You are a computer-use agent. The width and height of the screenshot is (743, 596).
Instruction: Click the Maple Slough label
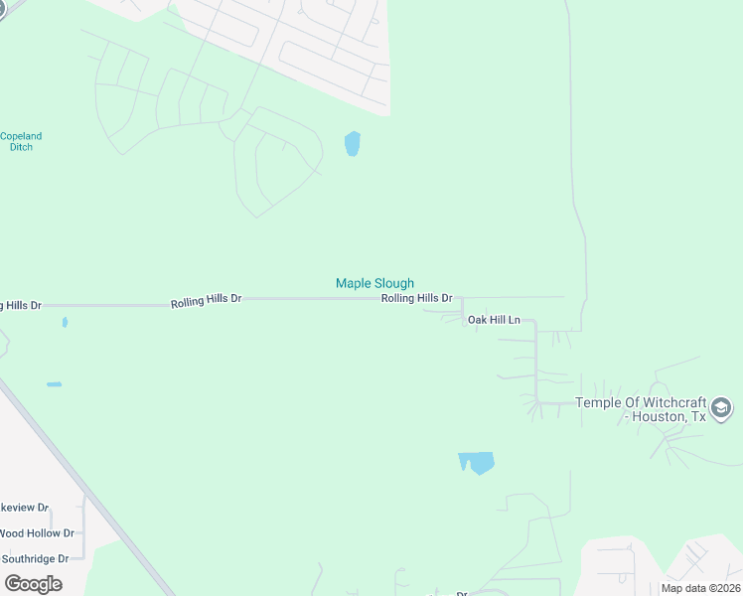(374, 283)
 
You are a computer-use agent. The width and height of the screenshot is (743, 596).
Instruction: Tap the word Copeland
(21, 136)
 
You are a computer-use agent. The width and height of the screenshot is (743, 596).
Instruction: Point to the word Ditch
(21, 147)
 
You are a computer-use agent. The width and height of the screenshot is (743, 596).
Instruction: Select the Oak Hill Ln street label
(494, 320)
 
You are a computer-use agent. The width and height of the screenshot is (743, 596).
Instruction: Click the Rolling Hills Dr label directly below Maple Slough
(417, 298)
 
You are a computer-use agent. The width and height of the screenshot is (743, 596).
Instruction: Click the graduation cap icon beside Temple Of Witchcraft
(722, 408)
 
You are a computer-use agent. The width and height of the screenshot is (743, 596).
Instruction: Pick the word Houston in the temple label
(658, 416)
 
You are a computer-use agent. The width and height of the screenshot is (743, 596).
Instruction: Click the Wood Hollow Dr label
(37, 533)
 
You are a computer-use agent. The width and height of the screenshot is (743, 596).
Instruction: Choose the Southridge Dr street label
(35, 558)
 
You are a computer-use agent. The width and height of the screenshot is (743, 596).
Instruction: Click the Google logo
(33, 584)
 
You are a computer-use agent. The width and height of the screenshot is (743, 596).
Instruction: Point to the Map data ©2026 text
(699, 588)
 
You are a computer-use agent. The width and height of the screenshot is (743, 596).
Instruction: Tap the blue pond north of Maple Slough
(352, 144)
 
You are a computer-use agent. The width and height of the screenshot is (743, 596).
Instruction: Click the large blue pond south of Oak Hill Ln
(477, 462)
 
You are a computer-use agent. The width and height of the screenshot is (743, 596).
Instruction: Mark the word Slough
(394, 283)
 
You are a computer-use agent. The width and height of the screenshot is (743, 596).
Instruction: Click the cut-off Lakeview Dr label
(24, 508)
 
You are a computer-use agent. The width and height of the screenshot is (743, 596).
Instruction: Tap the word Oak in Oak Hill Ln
(477, 320)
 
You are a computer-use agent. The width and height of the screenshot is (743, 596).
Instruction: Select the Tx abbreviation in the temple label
(698, 416)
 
